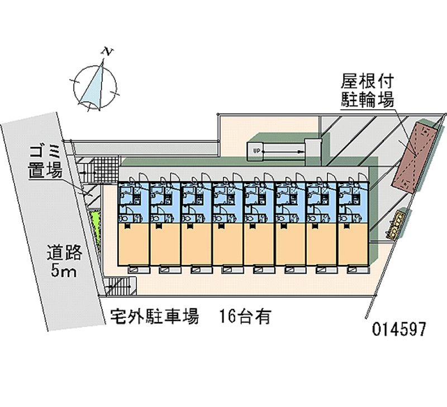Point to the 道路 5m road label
click(x=65, y=263)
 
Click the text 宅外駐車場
click(x=155, y=317)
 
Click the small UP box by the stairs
click(x=255, y=151)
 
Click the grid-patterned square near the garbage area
click(x=107, y=170)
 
